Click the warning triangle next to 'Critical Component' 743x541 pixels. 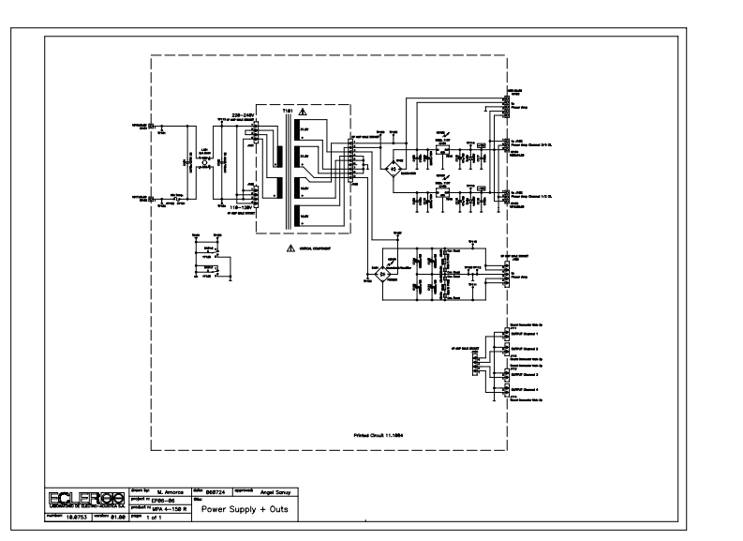(290, 248)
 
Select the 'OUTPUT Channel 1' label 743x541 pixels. (526, 334)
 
